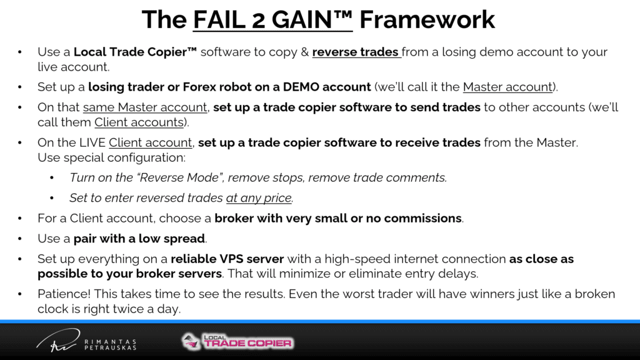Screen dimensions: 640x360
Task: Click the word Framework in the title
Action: point(427,19)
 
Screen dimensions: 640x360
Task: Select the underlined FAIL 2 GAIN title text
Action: point(272,19)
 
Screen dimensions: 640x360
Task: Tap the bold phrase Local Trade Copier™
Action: point(135,52)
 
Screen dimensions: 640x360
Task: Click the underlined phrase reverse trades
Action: point(356,52)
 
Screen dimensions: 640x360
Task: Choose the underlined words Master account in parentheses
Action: point(507,87)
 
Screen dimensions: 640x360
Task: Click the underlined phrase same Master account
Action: point(145,107)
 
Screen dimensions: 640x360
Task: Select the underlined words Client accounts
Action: point(139,122)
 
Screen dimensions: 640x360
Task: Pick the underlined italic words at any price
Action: point(259,198)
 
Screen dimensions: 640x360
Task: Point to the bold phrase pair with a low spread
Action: point(139,239)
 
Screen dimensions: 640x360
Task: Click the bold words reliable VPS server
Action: point(227,259)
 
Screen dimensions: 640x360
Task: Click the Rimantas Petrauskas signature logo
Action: point(86,341)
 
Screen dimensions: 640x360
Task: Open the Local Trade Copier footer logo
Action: point(237,342)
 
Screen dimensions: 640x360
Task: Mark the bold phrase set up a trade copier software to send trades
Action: point(346,107)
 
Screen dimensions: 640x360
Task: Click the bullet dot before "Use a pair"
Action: point(20,239)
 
